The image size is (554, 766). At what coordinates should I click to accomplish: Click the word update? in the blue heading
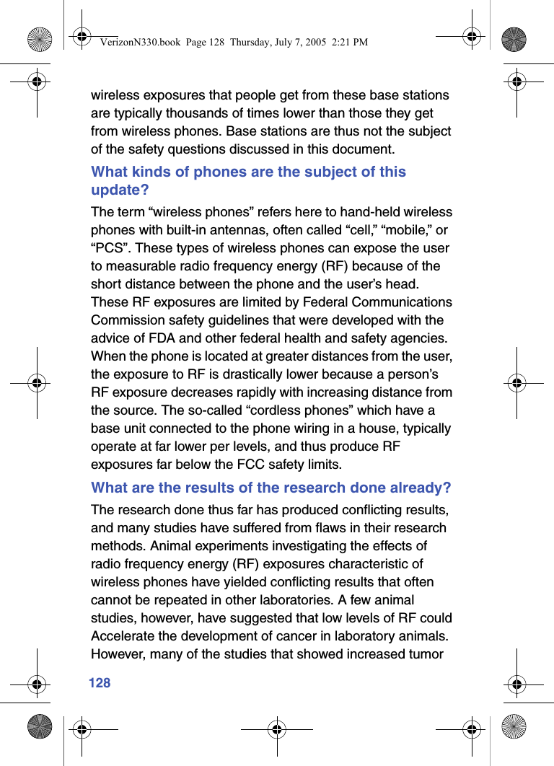(120, 190)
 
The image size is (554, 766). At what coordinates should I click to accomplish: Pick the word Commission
(126, 320)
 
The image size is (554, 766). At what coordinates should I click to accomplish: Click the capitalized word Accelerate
(125, 636)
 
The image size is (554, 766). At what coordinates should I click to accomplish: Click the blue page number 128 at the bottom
(100, 682)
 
